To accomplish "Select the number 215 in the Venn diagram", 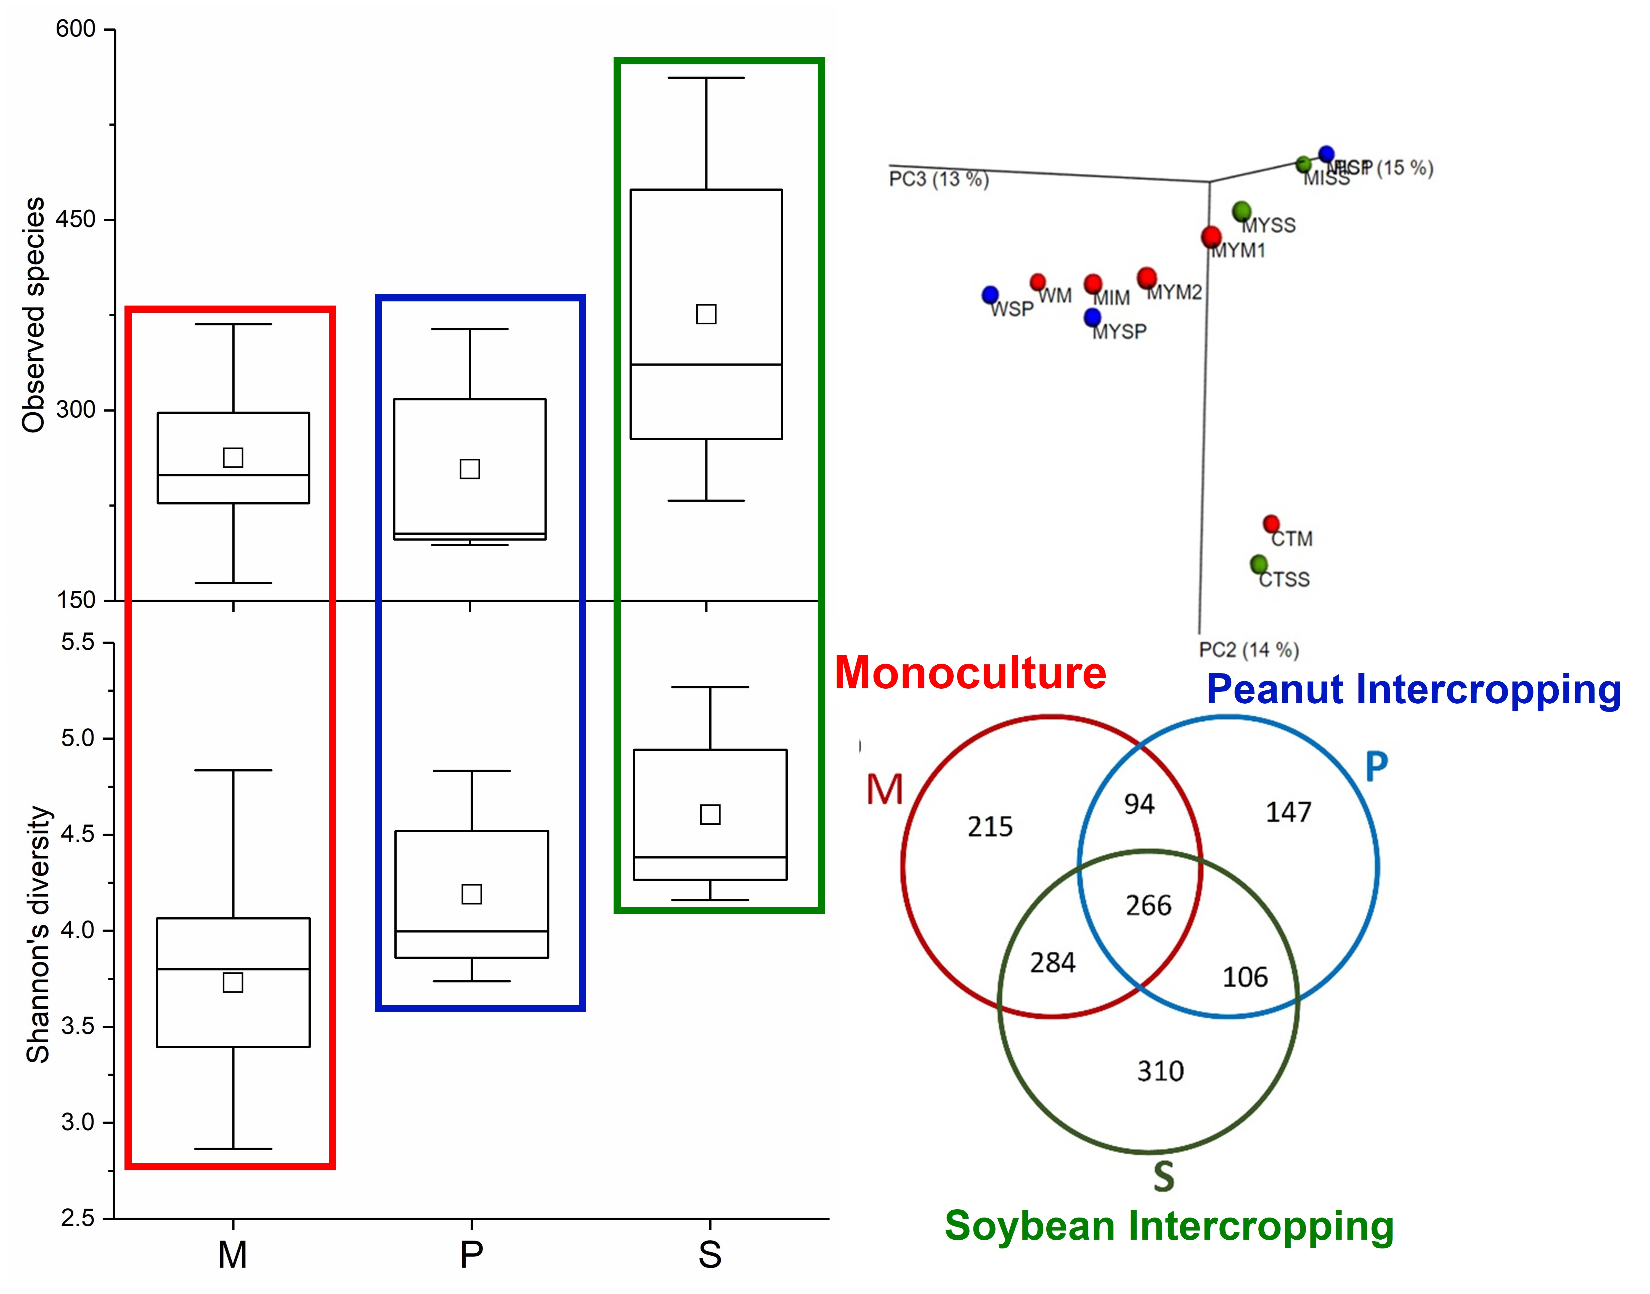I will pyautogui.click(x=990, y=827).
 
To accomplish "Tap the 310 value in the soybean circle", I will pyautogui.click(x=1160, y=1071).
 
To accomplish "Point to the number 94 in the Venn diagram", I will pyautogui.click(x=1139, y=804).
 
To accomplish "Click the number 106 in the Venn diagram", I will pyautogui.click(x=1245, y=977).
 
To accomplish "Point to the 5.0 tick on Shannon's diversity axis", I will pyautogui.click(x=78, y=738).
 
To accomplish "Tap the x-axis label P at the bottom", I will pyautogui.click(x=471, y=1255).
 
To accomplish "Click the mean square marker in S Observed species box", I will pyautogui.click(x=706, y=314).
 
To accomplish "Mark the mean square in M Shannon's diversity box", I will pyautogui.click(x=233, y=983).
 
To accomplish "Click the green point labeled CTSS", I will pyautogui.click(x=1258, y=564).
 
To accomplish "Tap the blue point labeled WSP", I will pyautogui.click(x=990, y=295).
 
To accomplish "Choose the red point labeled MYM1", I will pyautogui.click(x=1211, y=236).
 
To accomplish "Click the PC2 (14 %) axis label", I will pyautogui.click(x=1248, y=650).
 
